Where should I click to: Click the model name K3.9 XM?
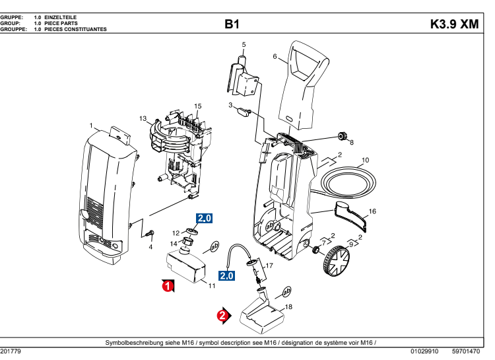coord(454,24)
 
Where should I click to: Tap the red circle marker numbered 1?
coord(168,286)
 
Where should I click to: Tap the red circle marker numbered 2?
coord(223,316)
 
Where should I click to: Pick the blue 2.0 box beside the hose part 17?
coord(227,275)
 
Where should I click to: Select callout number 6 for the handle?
coord(275,57)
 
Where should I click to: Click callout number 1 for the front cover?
coord(92,125)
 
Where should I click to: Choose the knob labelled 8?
coord(343,137)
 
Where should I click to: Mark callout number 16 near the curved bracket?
coord(372,211)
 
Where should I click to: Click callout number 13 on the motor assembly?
coord(143,118)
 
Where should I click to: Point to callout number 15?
coord(197,106)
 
